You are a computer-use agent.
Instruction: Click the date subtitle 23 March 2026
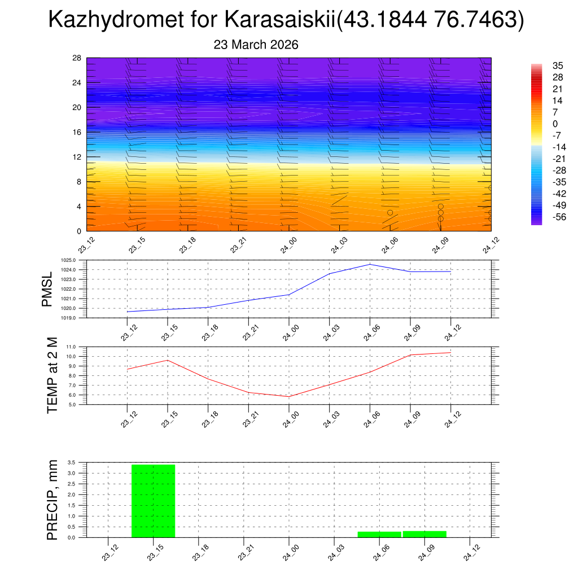[x=256, y=45]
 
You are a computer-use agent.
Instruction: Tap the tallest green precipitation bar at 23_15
[x=153, y=501]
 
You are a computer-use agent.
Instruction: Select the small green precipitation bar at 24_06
[x=379, y=534]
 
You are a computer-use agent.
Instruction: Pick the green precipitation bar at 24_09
[x=424, y=534]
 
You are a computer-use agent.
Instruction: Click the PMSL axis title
[x=47, y=289]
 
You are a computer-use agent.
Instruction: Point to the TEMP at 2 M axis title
[x=52, y=375]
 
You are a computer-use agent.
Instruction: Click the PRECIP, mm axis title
[x=52, y=500]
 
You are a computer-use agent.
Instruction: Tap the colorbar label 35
[x=558, y=65]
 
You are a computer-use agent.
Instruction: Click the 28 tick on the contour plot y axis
[x=77, y=58]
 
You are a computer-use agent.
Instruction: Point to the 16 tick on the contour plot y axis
[x=77, y=132]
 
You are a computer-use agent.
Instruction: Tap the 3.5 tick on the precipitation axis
[x=71, y=462]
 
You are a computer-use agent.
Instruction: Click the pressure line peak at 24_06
[x=370, y=264]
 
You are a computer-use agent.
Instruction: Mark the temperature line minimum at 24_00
[x=289, y=397]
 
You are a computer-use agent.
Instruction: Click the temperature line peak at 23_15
[x=168, y=360]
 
